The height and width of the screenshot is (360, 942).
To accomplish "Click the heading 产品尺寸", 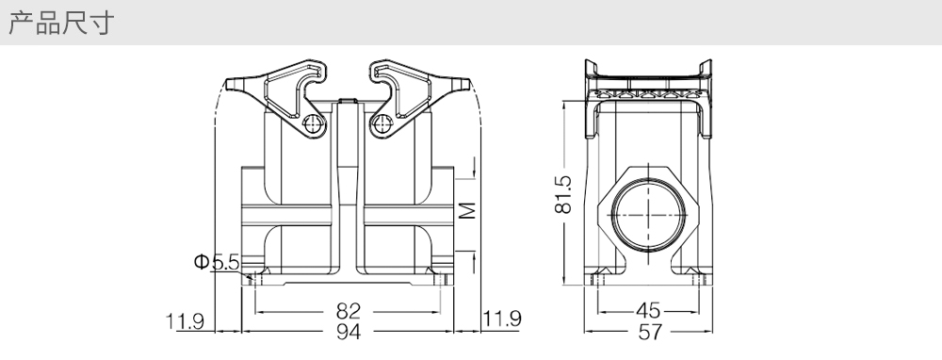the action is [x=60, y=24].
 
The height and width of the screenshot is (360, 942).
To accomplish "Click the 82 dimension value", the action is [x=348, y=311].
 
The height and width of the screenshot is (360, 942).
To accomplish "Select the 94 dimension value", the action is [x=348, y=331].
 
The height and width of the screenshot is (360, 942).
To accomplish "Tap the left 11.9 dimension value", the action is [x=186, y=321].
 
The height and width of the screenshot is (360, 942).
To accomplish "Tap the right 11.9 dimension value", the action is [x=502, y=319].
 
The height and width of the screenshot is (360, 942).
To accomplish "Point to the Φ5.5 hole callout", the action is [x=217, y=262].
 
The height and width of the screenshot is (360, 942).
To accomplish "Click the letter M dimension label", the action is [x=467, y=210].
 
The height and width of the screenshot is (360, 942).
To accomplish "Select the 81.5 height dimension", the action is [x=563, y=194].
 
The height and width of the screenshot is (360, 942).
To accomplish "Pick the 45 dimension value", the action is [x=648, y=311].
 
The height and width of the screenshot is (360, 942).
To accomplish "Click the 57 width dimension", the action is [x=649, y=331].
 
